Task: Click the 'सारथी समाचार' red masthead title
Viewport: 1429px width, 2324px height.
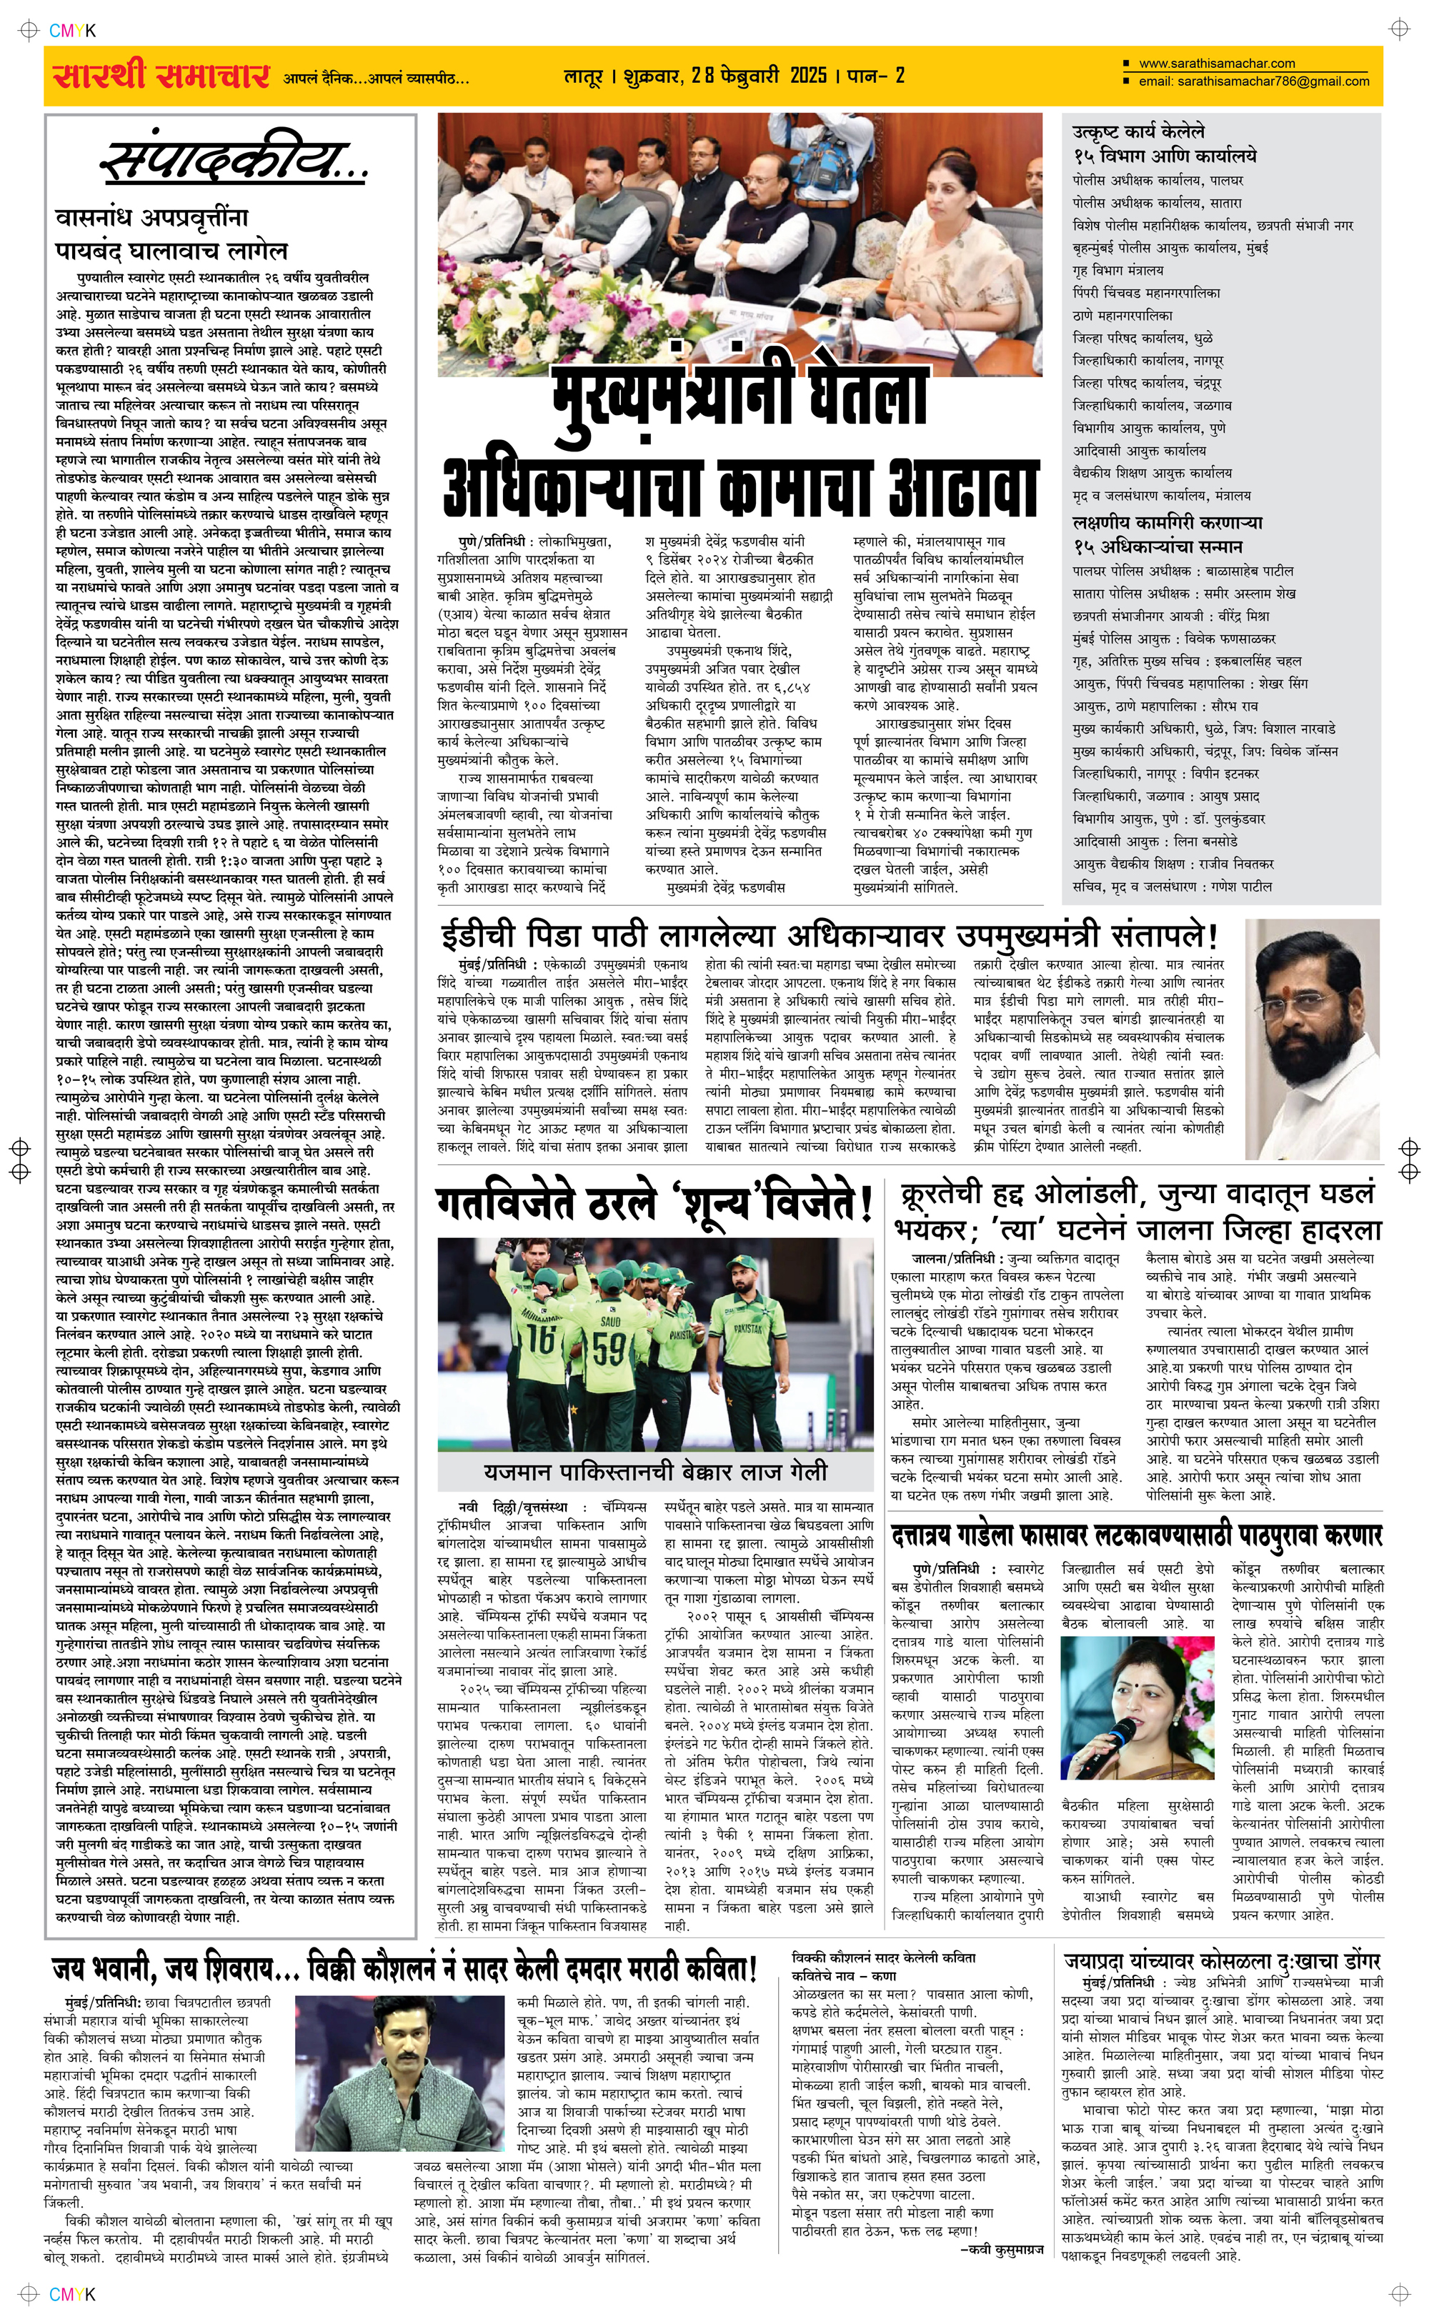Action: click(x=161, y=76)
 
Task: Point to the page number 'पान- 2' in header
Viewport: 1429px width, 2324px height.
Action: click(x=876, y=76)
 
